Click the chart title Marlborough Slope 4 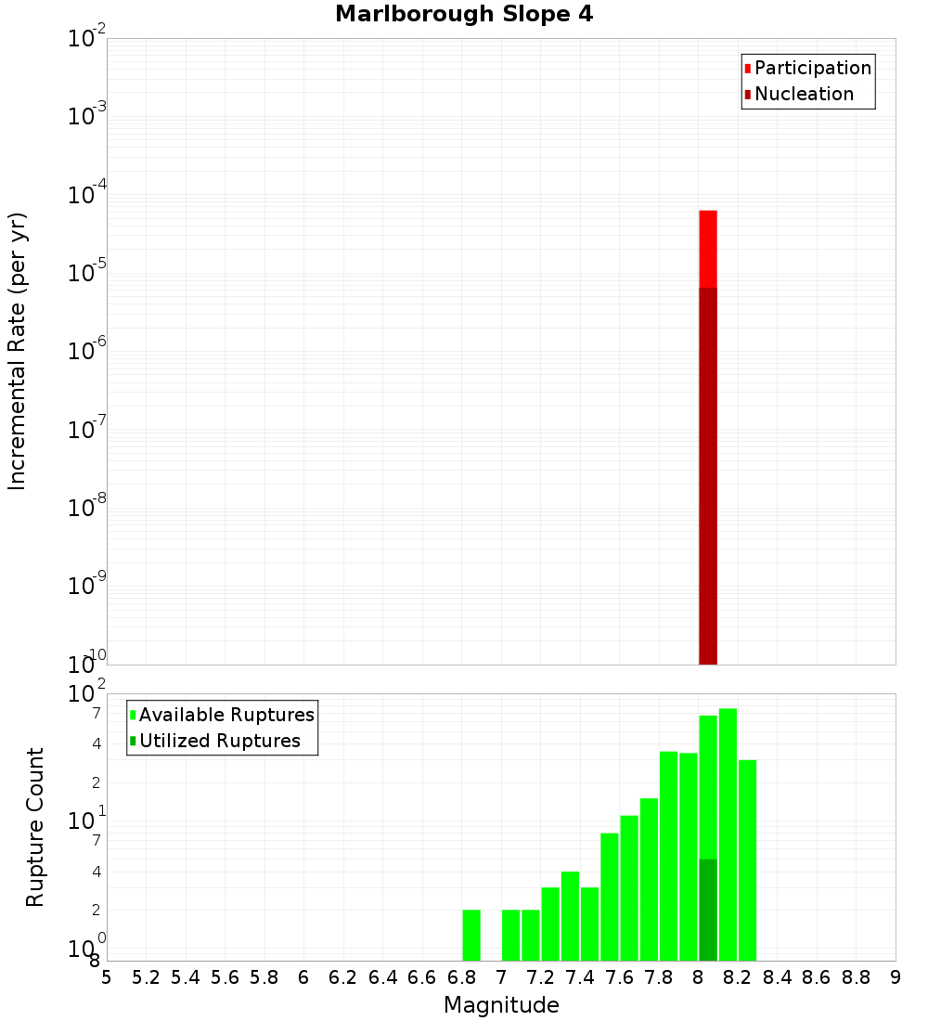[464, 14]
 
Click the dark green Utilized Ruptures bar [708, 910]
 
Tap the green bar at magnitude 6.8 [471, 935]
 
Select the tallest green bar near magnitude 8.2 [728, 835]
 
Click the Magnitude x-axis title [501, 1005]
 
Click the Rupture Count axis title [35, 827]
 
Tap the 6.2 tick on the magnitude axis [343, 977]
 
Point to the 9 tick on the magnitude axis [896, 977]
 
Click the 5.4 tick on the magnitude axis [186, 977]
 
